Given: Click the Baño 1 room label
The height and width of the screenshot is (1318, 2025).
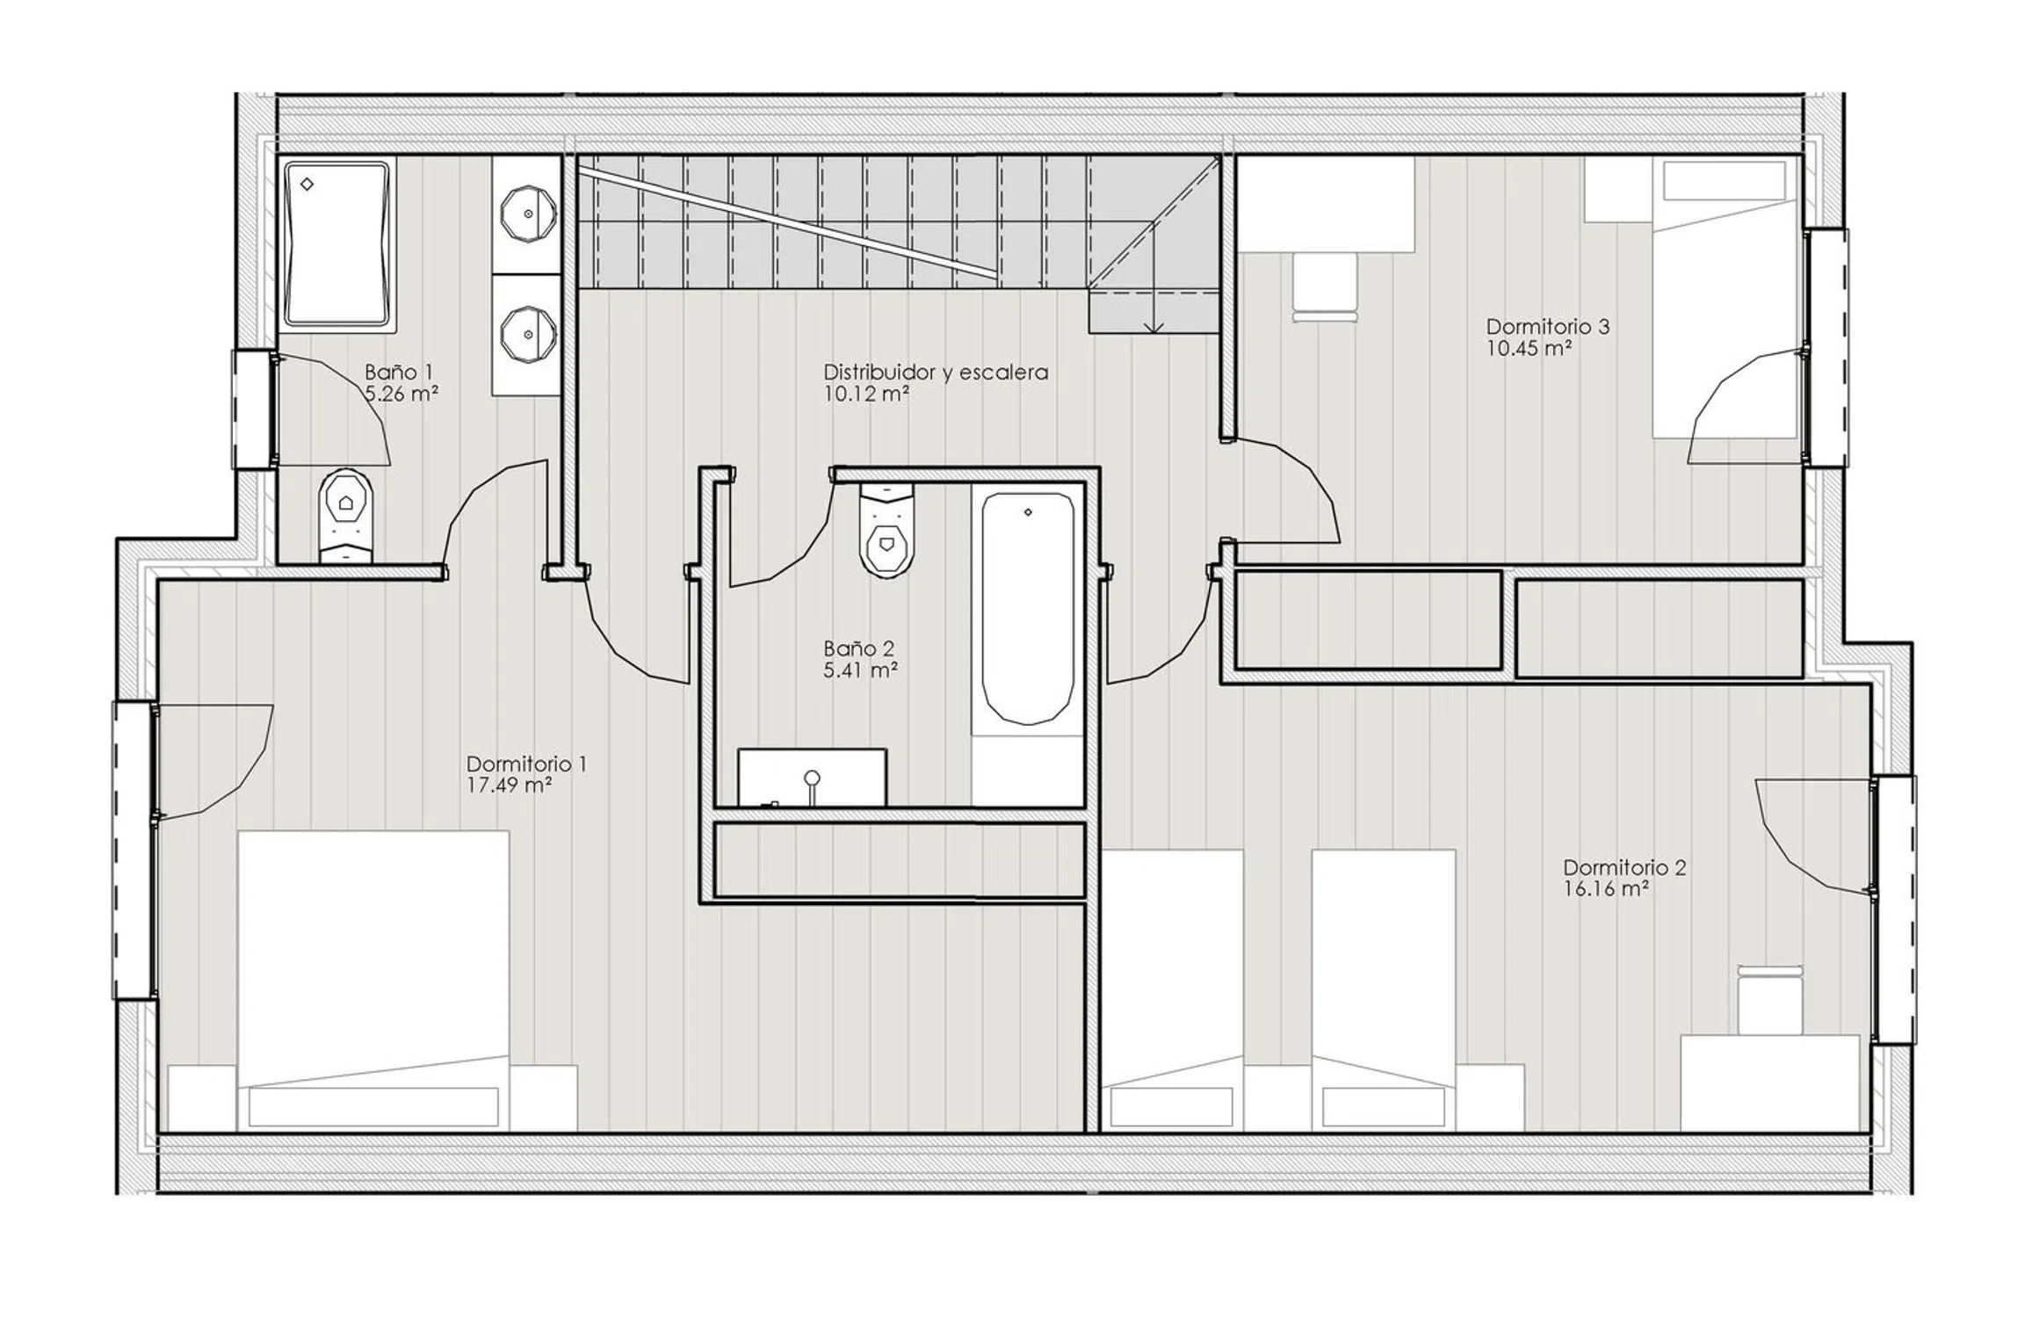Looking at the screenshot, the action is tap(399, 373).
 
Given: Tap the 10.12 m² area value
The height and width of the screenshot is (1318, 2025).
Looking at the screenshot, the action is tap(866, 394).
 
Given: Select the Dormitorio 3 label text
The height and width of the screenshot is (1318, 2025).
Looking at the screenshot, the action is tap(1548, 327).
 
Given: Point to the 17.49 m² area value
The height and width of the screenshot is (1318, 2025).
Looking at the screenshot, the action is tap(509, 786).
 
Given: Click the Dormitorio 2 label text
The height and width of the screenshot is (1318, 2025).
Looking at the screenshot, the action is tap(1624, 868).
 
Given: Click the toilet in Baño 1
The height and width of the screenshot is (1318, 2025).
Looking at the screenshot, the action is tap(346, 518).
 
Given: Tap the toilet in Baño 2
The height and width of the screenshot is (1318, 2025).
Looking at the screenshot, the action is tap(887, 532).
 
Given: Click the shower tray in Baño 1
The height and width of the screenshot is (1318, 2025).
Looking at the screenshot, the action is tap(337, 244).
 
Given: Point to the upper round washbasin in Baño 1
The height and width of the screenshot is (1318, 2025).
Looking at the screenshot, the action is tap(528, 214).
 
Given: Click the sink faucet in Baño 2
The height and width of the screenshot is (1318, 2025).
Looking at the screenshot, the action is tap(813, 786).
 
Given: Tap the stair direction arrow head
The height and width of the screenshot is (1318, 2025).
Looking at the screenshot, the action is tap(1154, 327).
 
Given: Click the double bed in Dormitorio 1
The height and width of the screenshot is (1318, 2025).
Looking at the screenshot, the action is tap(373, 981).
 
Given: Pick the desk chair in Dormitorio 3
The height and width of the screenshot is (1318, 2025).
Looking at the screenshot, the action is tap(1325, 288).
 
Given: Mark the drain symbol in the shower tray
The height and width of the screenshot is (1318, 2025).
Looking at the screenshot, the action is tap(307, 185).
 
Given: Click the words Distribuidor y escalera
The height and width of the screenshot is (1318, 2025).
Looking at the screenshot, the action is tap(936, 373).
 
